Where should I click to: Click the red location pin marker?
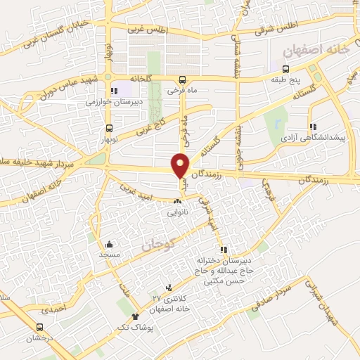(x=181, y=165)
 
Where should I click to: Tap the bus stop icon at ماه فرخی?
(x=183, y=79)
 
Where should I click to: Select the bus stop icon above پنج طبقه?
(x=285, y=69)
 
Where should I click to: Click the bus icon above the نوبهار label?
(x=109, y=129)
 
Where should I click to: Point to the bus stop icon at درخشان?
(x=40, y=327)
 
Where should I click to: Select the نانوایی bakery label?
(x=176, y=210)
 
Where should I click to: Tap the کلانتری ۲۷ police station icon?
(x=168, y=288)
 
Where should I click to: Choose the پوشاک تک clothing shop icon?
(x=136, y=317)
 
